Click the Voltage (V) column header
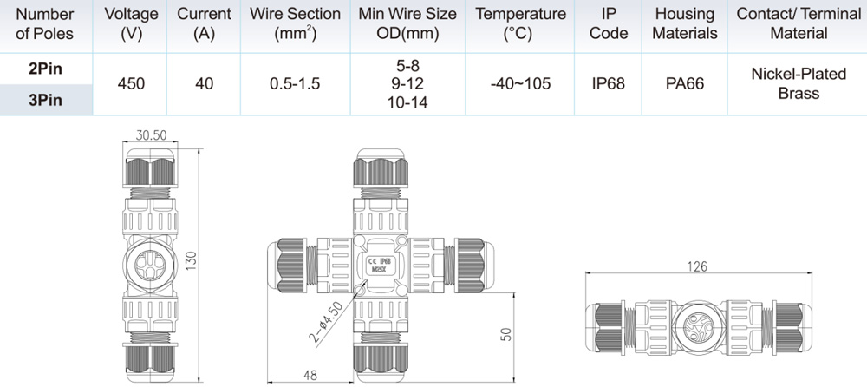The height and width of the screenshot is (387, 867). point(131,23)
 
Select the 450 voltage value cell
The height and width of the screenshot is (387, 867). point(131,84)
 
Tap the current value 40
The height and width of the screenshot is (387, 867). point(204,84)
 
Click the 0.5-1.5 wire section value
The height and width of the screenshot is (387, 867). point(295,84)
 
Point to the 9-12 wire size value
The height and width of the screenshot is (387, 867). point(407,84)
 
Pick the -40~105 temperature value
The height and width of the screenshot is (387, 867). point(519,84)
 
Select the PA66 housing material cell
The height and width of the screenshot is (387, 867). point(685,84)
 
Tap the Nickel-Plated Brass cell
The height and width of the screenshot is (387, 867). point(799,83)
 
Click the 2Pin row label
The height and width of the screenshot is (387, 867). point(45,69)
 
